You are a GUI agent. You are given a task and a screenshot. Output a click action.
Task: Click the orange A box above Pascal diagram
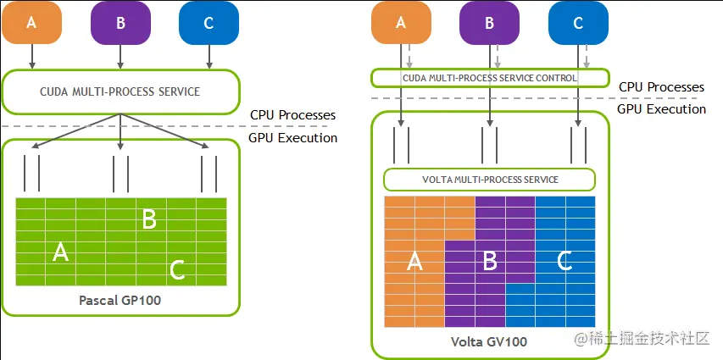tap(32, 23)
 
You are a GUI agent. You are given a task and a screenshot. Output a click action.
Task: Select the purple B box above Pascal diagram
tap(120, 23)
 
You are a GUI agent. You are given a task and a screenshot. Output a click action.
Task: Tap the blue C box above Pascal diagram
tap(209, 23)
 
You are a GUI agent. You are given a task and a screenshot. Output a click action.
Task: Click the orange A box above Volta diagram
tap(401, 23)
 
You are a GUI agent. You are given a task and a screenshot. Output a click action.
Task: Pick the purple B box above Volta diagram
tap(489, 23)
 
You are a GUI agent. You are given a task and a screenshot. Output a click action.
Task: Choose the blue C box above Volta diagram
tap(578, 23)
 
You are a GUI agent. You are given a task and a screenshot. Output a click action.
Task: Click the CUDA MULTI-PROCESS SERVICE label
tap(120, 91)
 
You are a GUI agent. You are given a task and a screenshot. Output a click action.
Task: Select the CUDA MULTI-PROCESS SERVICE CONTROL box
tap(490, 78)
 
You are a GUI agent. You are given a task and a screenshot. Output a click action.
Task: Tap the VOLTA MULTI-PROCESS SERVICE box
tap(490, 180)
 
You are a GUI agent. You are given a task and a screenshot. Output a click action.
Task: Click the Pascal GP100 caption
tap(120, 301)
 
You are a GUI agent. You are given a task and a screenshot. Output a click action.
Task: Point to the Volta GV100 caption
tap(489, 342)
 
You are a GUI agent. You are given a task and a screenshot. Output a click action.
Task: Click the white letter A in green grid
tap(61, 252)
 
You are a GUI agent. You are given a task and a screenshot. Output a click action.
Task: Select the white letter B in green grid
tap(149, 219)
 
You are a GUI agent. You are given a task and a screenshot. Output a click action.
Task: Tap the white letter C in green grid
tap(177, 270)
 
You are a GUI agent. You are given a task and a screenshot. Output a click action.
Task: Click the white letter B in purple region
tap(489, 262)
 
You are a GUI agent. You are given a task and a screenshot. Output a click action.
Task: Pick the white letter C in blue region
tap(564, 261)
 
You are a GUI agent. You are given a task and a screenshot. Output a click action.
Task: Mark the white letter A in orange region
tap(415, 262)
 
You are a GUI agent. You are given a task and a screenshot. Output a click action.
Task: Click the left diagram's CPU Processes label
tap(292, 114)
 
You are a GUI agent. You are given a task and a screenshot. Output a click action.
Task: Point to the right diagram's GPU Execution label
tap(662, 108)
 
